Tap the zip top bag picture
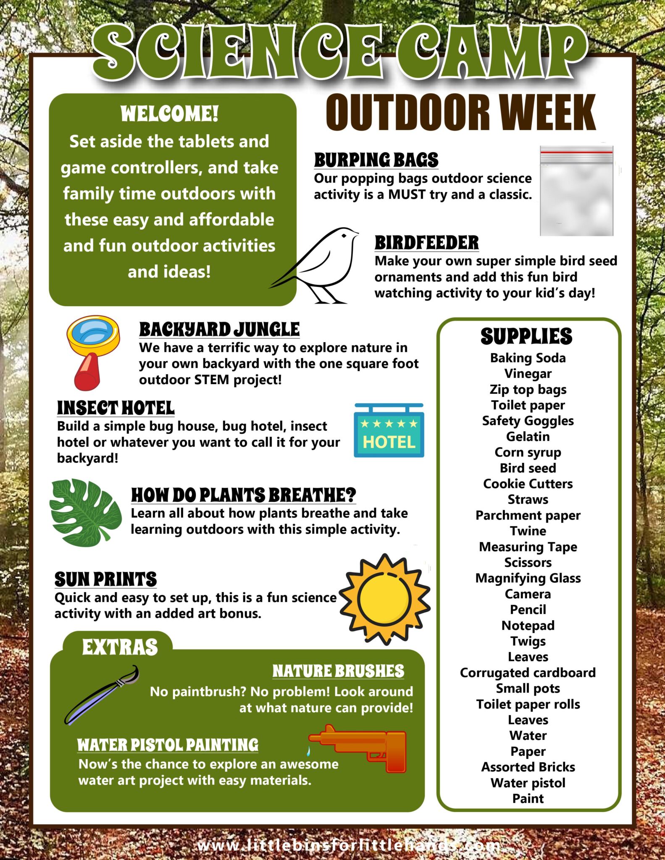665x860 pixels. (x=576, y=191)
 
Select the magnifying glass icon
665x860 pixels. (x=93, y=350)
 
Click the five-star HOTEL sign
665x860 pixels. (x=389, y=431)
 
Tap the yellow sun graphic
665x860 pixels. (x=384, y=599)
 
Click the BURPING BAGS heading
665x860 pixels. (x=376, y=160)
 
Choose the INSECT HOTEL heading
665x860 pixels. (x=116, y=408)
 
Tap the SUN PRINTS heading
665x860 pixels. (x=105, y=579)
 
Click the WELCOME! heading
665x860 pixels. (x=169, y=114)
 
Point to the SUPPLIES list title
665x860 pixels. (x=526, y=336)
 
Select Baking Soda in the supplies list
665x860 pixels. (x=528, y=358)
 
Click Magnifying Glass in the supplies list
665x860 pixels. (x=528, y=578)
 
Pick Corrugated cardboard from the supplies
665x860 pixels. (x=528, y=673)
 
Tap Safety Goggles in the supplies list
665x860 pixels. (x=528, y=421)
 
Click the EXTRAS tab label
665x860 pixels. (x=120, y=647)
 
